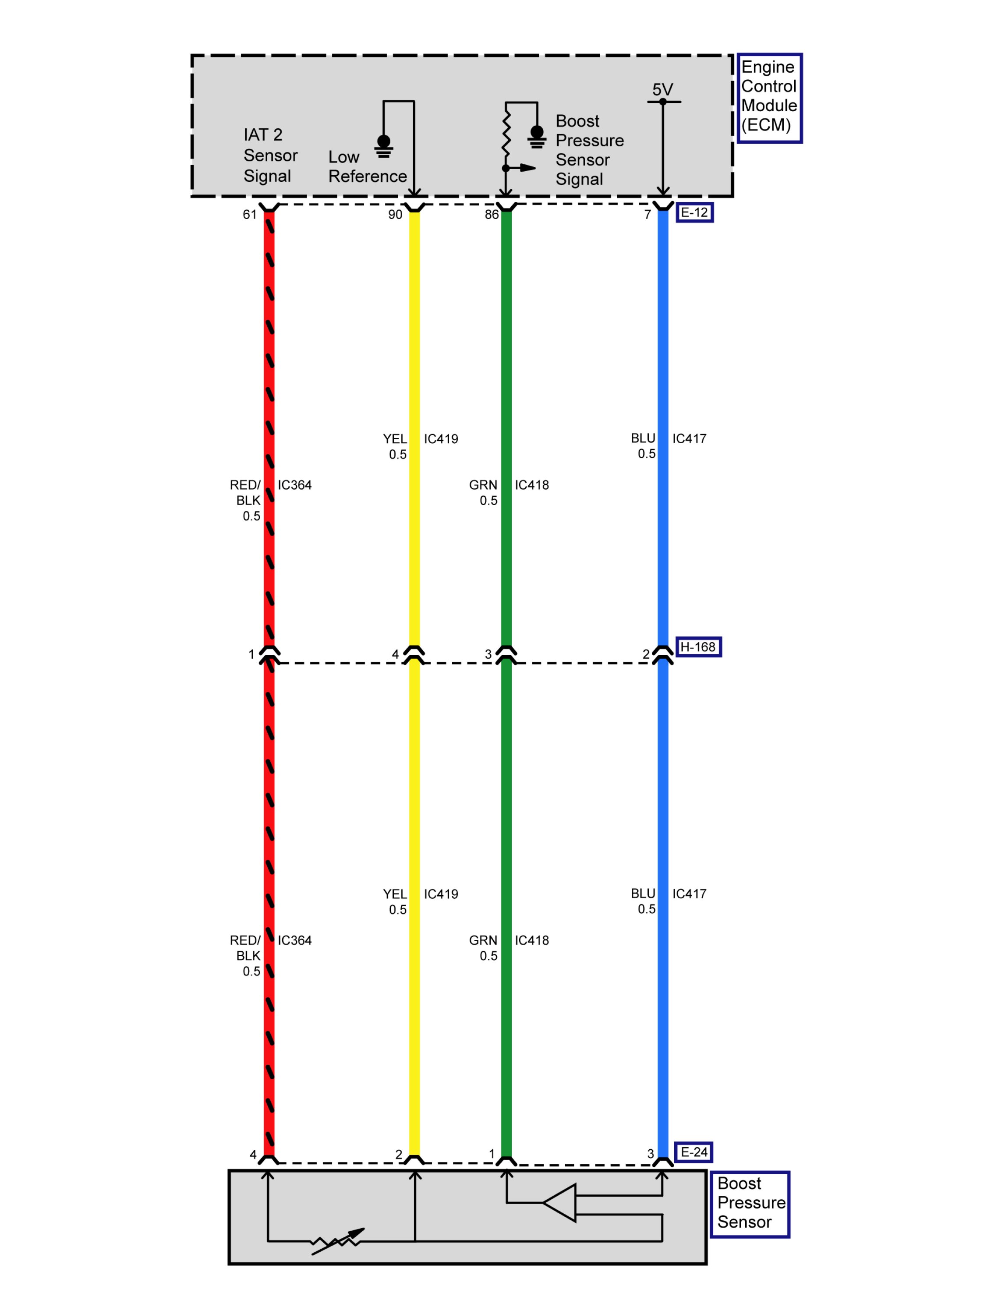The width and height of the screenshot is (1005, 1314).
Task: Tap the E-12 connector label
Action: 694,213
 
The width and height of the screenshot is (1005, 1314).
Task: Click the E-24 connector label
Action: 694,1152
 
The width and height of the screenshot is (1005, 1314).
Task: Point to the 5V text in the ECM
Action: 662,90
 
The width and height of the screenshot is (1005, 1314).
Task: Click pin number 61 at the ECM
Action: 249,215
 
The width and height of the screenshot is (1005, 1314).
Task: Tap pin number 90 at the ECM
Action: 395,215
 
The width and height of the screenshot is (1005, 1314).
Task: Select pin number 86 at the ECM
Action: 491,215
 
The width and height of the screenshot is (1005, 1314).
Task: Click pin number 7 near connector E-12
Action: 647,215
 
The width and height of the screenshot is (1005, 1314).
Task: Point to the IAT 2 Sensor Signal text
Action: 270,155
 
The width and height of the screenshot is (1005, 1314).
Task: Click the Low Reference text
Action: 367,167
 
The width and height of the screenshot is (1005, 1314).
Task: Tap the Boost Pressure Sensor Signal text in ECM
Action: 589,150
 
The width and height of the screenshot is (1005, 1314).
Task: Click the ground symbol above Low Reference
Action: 383,145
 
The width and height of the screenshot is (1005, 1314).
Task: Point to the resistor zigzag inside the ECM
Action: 506,136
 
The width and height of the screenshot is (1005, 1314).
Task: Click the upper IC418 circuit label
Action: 531,485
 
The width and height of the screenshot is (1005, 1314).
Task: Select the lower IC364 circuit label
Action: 294,940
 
